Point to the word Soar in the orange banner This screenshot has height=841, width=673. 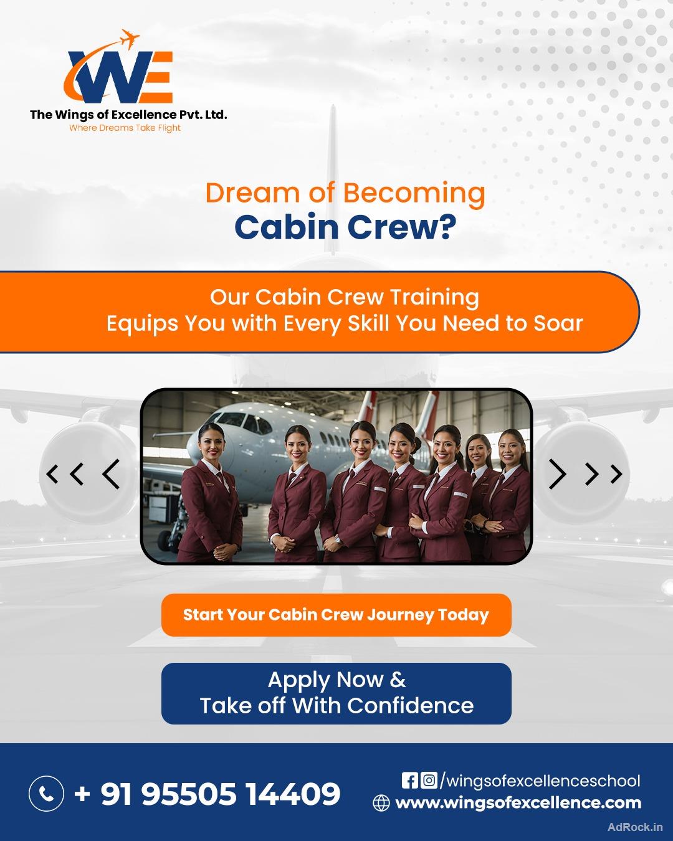(558, 323)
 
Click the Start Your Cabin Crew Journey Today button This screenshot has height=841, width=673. (336, 615)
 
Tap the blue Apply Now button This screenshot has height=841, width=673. (336, 693)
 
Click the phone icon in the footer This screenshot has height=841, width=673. (47, 793)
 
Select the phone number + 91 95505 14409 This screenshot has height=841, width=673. (208, 794)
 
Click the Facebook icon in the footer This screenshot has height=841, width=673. (409, 780)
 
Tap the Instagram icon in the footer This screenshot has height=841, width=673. (429, 780)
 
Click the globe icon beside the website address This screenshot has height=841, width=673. (381, 803)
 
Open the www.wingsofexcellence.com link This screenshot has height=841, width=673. (518, 803)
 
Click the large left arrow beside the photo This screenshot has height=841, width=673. (111, 474)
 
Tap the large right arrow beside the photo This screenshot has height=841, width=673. (558, 474)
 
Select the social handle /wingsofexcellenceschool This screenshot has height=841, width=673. (540, 781)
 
